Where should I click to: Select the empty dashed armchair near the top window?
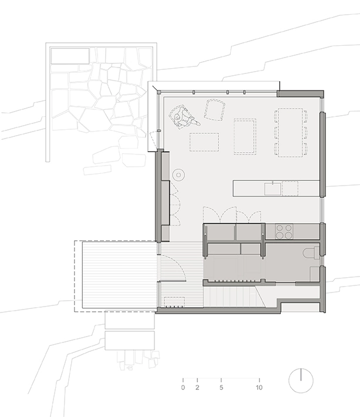[214, 110]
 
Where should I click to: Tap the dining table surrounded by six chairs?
[291, 132]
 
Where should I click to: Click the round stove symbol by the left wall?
[179, 174]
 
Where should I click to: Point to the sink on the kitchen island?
[272, 189]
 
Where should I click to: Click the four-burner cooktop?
[284, 231]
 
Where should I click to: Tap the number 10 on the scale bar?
[259, 387]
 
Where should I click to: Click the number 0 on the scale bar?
[183, 387]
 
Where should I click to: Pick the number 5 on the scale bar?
[221, 387]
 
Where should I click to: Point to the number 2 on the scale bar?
[197, 387]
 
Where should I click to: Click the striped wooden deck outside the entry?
[119, 275]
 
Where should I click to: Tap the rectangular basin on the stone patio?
[70, 56]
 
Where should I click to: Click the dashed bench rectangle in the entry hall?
[174, 301]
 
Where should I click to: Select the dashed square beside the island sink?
[290, 189]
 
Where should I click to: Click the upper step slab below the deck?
[130, 321]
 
